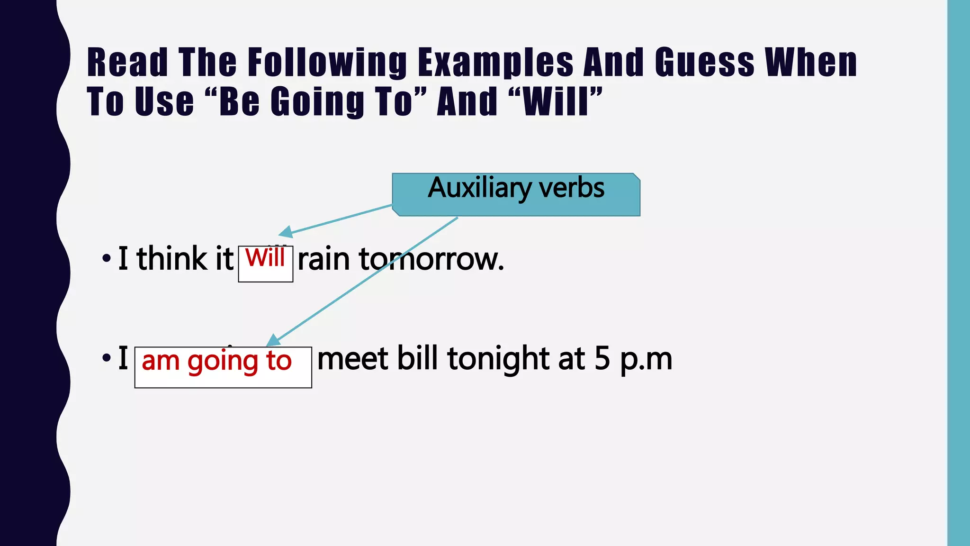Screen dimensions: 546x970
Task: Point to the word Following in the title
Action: point(327,63)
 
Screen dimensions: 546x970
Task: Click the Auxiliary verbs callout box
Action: point(516,194)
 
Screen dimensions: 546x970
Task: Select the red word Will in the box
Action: point(265,258)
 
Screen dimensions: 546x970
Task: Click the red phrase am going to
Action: point(216,361)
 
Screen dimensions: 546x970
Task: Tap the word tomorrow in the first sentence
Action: point(431,259)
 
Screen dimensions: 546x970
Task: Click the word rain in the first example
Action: point(323,259)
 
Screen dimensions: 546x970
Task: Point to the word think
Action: point(171,259)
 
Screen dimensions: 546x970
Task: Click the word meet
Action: point(353,359)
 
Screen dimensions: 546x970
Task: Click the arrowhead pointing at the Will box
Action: point(286,232)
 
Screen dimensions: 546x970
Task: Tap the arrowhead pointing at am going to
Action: point(273,341)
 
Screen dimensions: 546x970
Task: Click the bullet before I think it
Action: point(107,259)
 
